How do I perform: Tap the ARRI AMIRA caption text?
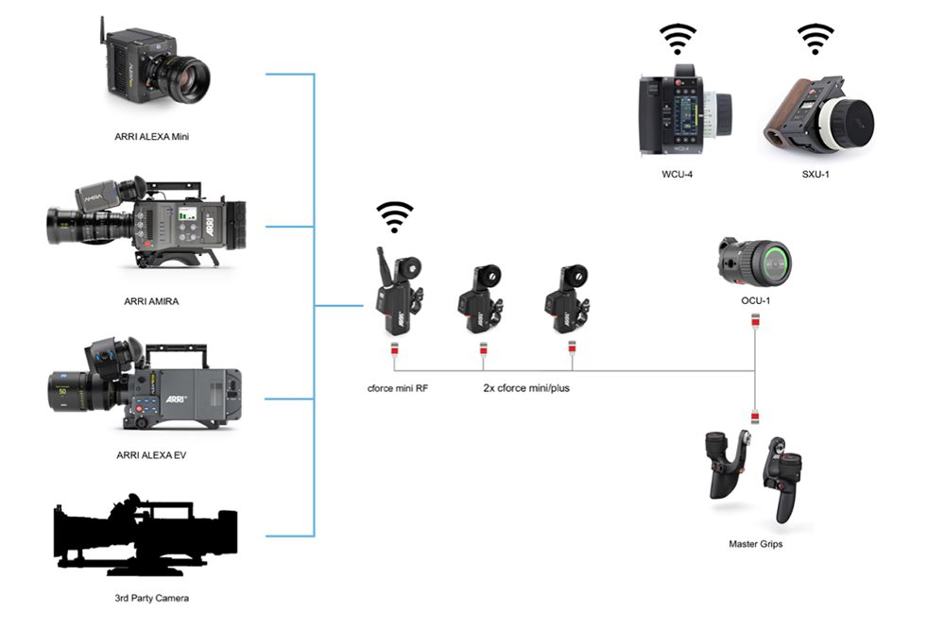(x=151, y=301)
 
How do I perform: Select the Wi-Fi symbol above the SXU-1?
(x=815, y=41)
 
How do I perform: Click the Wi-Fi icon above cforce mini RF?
(x=395, y=217)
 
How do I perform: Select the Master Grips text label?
(x=755, y=544)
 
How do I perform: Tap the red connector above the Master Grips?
(x=755, y=417)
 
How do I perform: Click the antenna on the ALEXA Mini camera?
(x=102, y=34)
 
